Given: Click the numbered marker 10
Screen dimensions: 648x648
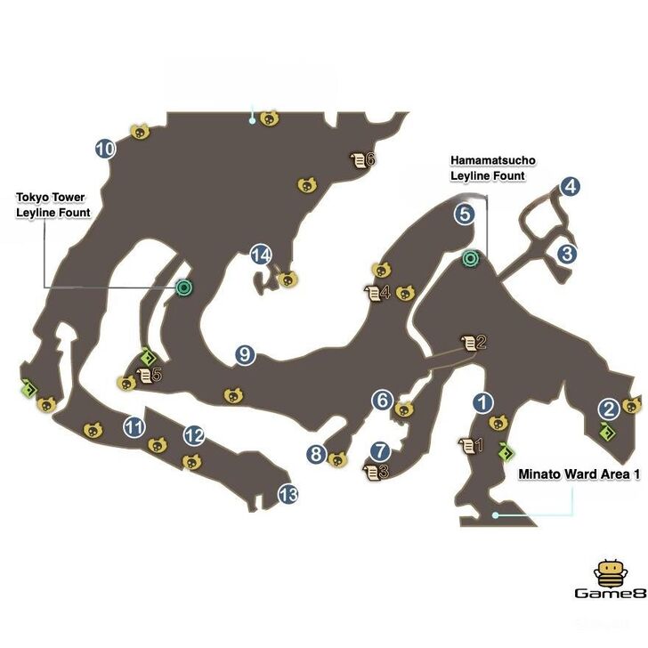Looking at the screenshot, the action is (x=105, y=149).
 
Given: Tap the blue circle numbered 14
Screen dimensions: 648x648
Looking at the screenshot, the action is (x=261, y=255).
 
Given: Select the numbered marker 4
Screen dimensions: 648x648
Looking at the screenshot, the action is (x=570, y=186).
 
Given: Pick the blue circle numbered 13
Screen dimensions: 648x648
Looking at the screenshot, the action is (x=288, y=494).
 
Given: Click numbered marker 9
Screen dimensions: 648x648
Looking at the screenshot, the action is (x=245, y=354).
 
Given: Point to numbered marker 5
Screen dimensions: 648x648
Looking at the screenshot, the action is (x=465, y=214).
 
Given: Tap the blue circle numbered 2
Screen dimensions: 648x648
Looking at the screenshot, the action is (x=609, y=409).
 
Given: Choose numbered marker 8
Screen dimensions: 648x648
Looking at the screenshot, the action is (x=316, y=454).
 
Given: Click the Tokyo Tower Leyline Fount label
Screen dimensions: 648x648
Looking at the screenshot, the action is (x=53, y=205).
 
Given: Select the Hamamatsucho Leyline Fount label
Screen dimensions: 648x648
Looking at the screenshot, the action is (x=493, y=168).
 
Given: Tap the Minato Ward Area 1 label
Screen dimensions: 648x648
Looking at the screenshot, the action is (x=579, y=474).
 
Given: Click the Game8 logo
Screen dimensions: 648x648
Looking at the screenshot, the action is (x=611, y=579).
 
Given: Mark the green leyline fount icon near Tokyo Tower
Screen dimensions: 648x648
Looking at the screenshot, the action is (x=183, y=288).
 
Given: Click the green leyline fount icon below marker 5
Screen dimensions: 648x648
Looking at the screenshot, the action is (x=470, y=259).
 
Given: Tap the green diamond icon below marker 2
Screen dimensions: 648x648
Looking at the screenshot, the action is (x=607, y=433).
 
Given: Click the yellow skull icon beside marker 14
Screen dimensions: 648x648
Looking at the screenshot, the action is (x=288, y=279).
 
